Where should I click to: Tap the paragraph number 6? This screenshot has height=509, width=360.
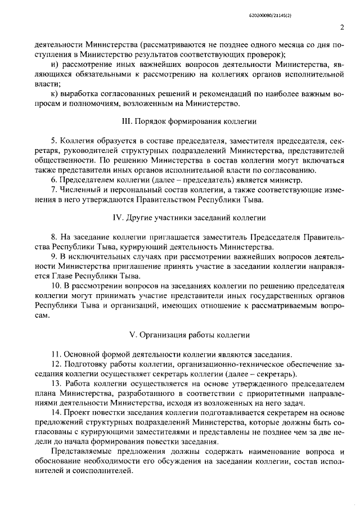click(x=53, y=180)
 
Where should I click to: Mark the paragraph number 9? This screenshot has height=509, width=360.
click(x=53, y=257)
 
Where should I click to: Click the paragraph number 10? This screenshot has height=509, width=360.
click(x=55, y=286)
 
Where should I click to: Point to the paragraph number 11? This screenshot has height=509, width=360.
click(x=55, y=354)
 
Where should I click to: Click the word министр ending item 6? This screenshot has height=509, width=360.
click(x=289, y=180)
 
